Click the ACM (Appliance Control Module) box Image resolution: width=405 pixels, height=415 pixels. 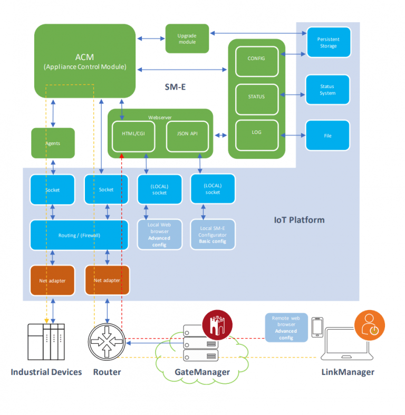(85, 61)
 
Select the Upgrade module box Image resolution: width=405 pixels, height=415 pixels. (187, 38)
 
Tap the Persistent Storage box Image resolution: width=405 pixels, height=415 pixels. (327, 42)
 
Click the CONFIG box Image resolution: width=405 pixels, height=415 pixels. (256, 59)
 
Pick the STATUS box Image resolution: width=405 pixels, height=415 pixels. (256, 97)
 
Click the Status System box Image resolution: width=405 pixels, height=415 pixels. (327, 90)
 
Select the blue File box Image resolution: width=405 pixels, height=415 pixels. (327, 136)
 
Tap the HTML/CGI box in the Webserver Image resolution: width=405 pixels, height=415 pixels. (133, 134)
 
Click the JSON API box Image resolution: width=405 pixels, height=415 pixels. (188, 134)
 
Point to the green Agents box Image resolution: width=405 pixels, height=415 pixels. (53, 143)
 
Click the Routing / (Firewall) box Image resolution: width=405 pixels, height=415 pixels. (79, 235)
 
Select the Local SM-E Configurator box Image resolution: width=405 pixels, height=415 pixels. (213, 235)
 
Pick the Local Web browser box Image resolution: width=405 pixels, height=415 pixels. (159, 235)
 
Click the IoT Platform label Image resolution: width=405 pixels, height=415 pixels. (299, 219)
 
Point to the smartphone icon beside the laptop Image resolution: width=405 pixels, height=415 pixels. (317, 327)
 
